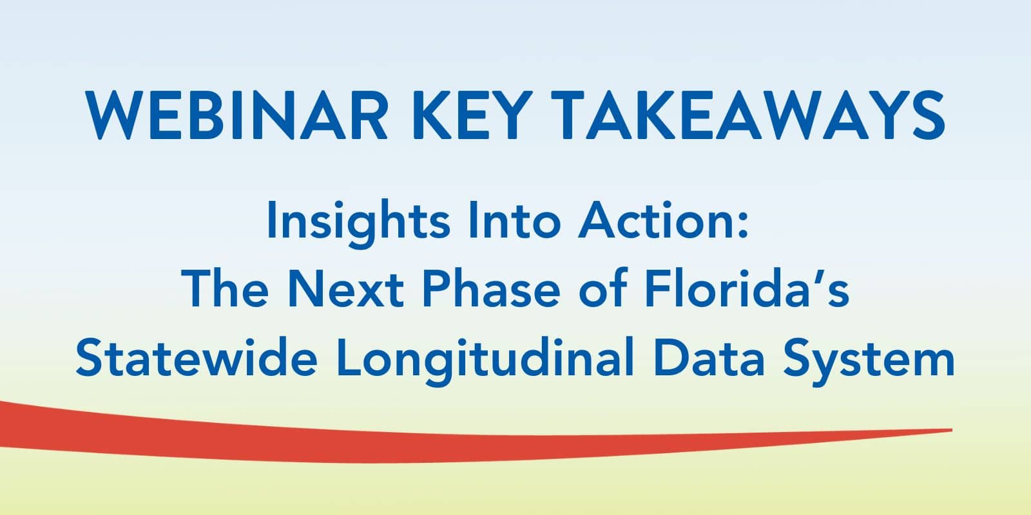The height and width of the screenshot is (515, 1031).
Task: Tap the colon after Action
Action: point(742,225)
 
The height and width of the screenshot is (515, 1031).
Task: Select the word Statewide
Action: point(197,357)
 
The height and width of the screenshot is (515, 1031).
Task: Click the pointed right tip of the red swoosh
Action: point(952,430)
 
